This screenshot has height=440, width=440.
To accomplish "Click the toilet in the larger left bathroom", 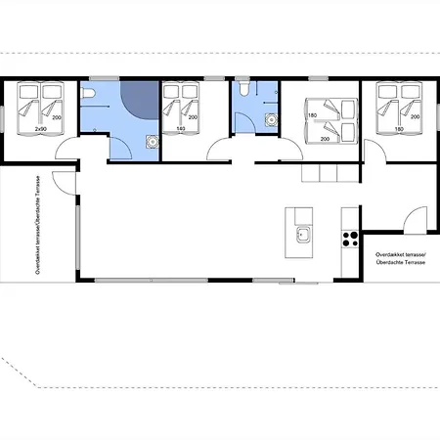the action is pos(88,93).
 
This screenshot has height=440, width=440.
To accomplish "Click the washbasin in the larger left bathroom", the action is pos(152,142).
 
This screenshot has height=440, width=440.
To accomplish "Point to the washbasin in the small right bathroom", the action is pos(271,119).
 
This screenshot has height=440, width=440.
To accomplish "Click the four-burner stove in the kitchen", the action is pos(350,239).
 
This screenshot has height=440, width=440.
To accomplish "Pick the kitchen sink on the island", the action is pos(303,235).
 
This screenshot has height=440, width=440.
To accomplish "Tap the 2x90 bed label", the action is pos(41,129).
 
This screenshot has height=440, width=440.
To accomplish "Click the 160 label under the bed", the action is pos(181,129).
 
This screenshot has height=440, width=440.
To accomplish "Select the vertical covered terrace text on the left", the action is pos(38,225).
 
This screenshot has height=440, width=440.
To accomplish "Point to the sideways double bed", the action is pos(331,121).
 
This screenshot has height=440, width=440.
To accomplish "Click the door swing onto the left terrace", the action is pos(65,183).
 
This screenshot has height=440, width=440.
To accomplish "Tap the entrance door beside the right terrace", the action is pos(415,220).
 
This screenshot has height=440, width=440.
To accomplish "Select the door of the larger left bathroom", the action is pos(120,149).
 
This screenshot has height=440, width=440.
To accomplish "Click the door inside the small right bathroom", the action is pos(245,122).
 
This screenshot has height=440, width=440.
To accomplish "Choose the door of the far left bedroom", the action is pos(67,148).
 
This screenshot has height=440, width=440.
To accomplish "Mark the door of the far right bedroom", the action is pos(374,151).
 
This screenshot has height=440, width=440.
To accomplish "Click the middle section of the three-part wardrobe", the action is pos(329,173).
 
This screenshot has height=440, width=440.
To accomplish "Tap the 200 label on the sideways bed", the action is pos(325,139).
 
